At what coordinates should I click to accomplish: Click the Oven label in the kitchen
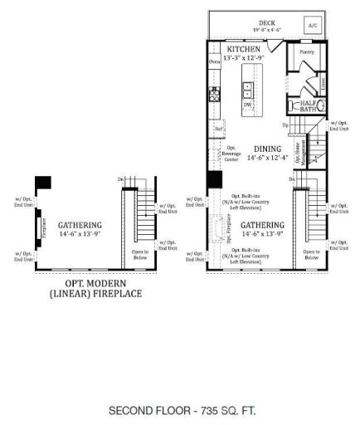click(214, 62)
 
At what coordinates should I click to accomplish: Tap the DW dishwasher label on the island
click(247, 105)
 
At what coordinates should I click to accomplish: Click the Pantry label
click(305, 51)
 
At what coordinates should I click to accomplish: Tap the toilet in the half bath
click(294, 106)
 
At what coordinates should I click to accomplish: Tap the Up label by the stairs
click(286, 125)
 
